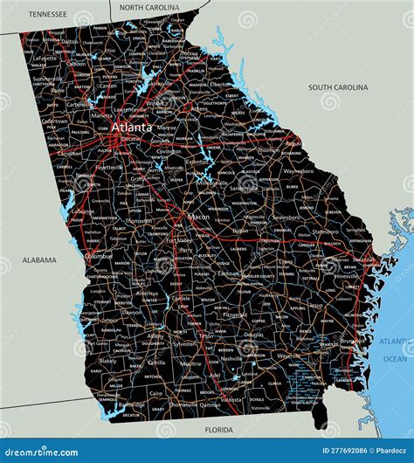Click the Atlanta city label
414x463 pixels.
[131, 128]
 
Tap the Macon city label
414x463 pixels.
[199, 217]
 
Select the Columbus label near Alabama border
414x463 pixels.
[99, 257]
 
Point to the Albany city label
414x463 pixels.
[155, 335]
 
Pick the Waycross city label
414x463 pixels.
[288, 356]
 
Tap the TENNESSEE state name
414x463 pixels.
[47, 14]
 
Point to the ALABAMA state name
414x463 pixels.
[39, 259]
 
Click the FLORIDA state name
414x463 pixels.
[218, 431]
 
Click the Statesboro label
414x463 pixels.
[326, 232]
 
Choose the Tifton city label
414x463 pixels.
[206, 335]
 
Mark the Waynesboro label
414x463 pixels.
[299, 172]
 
